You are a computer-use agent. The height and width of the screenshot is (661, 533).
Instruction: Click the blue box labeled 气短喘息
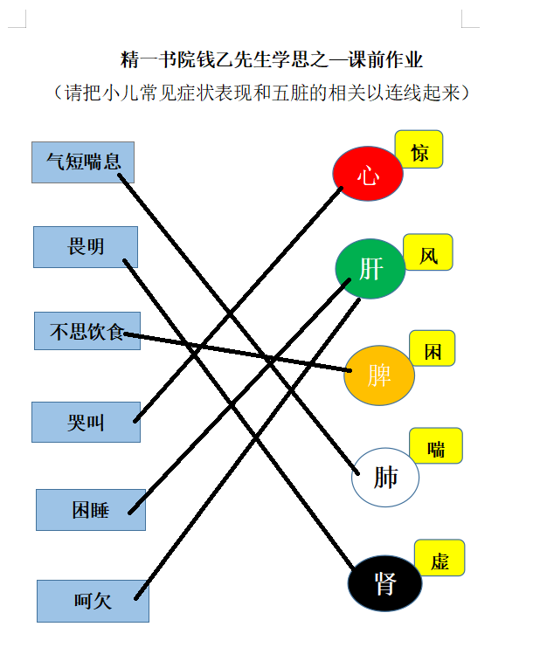(x=83, y=162)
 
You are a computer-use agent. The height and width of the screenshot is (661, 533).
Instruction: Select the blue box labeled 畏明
(x=86, y=247)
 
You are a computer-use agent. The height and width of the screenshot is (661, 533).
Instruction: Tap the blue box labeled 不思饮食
(x=87, y=331)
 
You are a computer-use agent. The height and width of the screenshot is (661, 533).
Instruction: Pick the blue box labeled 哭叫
(x=86, y=422)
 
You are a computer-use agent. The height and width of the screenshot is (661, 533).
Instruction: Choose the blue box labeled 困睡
(x=91, y=510)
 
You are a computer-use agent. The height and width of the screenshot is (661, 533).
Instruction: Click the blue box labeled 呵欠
(x=93, y=601)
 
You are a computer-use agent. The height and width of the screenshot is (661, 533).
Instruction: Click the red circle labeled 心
(x=368, y=173)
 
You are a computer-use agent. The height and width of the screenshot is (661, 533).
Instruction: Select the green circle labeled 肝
(x=370, y=269)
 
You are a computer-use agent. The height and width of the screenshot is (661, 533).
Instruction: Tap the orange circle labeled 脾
(x=379, y=375)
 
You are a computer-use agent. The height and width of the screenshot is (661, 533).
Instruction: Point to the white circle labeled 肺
(x=385, y=477)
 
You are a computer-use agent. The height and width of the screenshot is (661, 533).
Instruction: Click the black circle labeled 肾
(x=384, y=583)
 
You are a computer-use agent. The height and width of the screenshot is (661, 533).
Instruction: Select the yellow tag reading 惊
(x=419, y=149)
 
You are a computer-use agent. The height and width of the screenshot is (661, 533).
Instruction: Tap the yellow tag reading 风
(x=428, y=252)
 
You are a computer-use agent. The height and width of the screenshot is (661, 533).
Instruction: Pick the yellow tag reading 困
(x=433, y=348)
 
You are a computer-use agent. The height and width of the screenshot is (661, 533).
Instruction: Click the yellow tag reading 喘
(x=436, y=445)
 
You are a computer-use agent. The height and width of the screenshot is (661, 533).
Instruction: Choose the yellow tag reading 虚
(x=440, y=558)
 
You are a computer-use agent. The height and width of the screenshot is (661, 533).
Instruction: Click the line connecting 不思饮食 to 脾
(x=238, y=353)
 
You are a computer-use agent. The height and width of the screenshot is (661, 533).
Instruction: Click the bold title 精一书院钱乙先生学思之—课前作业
(x=271, y=59)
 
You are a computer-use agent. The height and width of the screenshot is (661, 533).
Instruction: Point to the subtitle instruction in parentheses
(x=261, y=93)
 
